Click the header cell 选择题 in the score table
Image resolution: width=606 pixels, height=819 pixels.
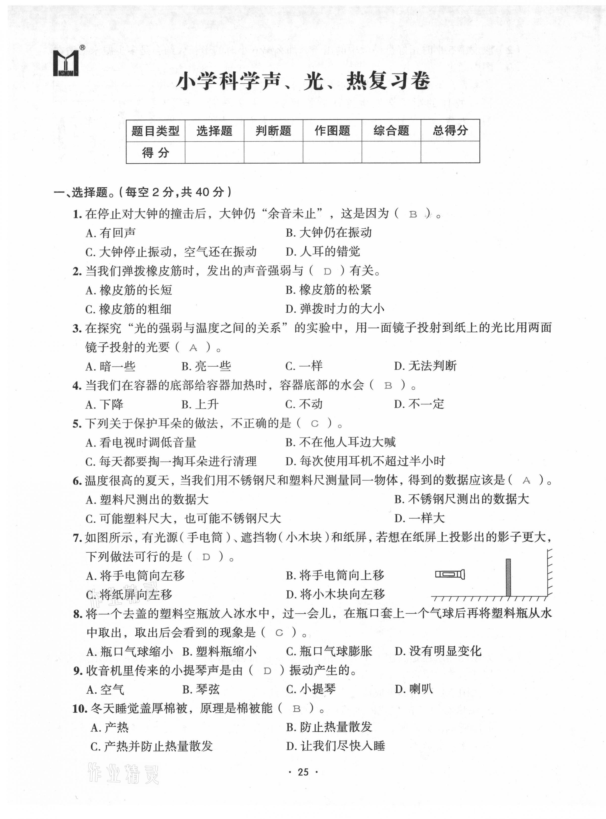214,130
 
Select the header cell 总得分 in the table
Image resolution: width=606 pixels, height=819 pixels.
450,130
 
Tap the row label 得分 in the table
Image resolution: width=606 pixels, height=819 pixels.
156,152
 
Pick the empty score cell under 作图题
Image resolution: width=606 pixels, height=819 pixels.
332,152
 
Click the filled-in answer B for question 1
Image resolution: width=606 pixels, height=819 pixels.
413,215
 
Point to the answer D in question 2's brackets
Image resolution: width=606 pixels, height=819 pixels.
328,272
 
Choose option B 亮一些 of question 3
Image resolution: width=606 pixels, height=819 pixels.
206,366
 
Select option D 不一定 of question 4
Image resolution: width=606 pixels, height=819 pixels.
419,404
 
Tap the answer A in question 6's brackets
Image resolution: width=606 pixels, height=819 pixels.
527,481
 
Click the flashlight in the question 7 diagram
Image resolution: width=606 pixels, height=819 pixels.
450,574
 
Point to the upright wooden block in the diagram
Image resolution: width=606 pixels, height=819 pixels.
508,577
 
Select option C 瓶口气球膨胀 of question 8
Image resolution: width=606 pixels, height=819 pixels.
329,651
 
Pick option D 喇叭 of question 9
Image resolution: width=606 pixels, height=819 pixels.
414,689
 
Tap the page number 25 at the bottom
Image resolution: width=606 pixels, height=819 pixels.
303,772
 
